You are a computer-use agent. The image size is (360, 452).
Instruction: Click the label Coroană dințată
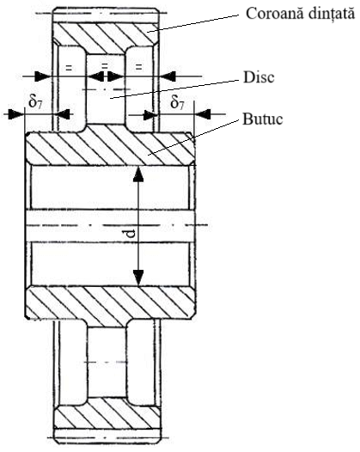(x=300, y=14)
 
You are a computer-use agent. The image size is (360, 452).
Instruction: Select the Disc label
(x=259, y=77)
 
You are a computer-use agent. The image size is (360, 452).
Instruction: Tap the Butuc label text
(x=262, y=119)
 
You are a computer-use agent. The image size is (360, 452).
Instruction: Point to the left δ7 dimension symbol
(x=35, y=101)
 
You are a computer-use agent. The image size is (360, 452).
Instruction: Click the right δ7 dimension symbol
(x=177, y=101)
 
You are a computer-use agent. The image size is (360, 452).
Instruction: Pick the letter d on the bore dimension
(x=131, y=234)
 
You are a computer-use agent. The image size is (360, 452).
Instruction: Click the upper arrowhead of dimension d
(x=138, y=174)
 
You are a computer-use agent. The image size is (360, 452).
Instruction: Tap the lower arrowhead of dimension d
(x=138, y=278)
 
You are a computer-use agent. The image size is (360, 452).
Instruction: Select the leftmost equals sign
(x=69, y=68)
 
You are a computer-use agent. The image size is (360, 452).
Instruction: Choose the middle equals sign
(x=105, y=65)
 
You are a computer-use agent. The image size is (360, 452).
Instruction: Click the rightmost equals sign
(x=138, y=67)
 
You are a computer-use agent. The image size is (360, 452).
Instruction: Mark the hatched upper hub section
(x=110, y=149)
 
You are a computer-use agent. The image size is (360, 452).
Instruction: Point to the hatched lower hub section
(x=110, y=302)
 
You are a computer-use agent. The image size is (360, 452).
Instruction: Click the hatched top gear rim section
(x=106, y=34)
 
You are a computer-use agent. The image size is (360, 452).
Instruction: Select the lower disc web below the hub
(x=107, y=363)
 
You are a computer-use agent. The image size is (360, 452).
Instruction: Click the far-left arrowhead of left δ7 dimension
(x=15, y=114)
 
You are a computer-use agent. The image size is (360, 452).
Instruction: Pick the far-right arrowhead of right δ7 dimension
(x=204, y=114)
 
